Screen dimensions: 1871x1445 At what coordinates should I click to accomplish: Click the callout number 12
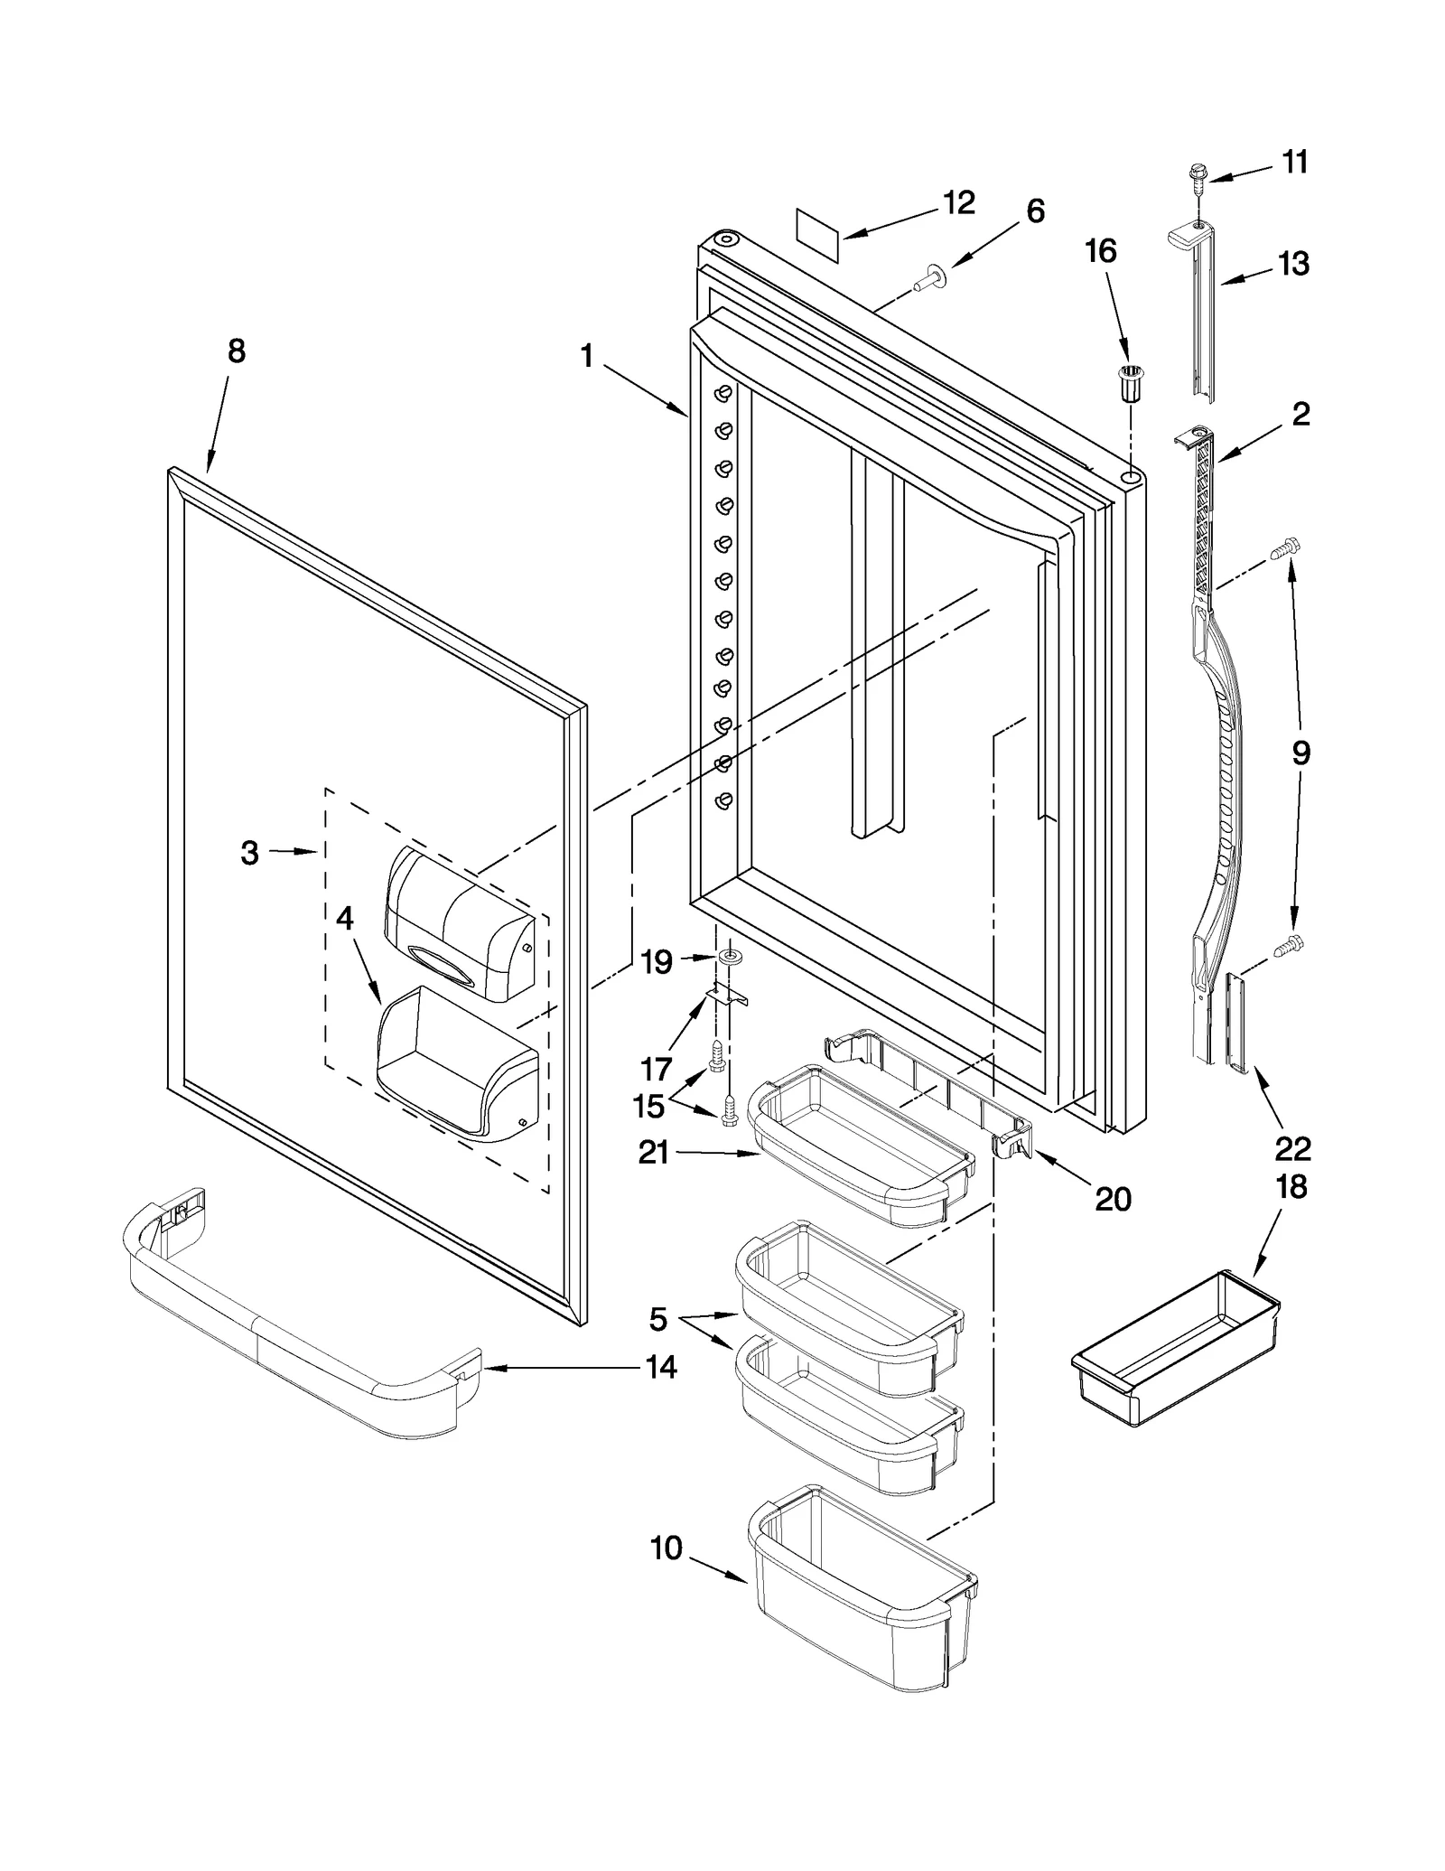(958, 203)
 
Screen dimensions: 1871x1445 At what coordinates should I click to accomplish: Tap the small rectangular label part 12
(817, 235)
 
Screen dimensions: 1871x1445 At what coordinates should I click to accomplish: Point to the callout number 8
(236, 351)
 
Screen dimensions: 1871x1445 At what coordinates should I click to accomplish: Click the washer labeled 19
(728, 957)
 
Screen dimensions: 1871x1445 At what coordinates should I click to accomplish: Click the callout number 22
(1292, 1149)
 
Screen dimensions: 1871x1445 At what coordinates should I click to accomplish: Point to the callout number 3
(250, 852)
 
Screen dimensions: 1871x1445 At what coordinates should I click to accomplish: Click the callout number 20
(1113, 1199)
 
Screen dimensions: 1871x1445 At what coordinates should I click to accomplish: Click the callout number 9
(1300, 753)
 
